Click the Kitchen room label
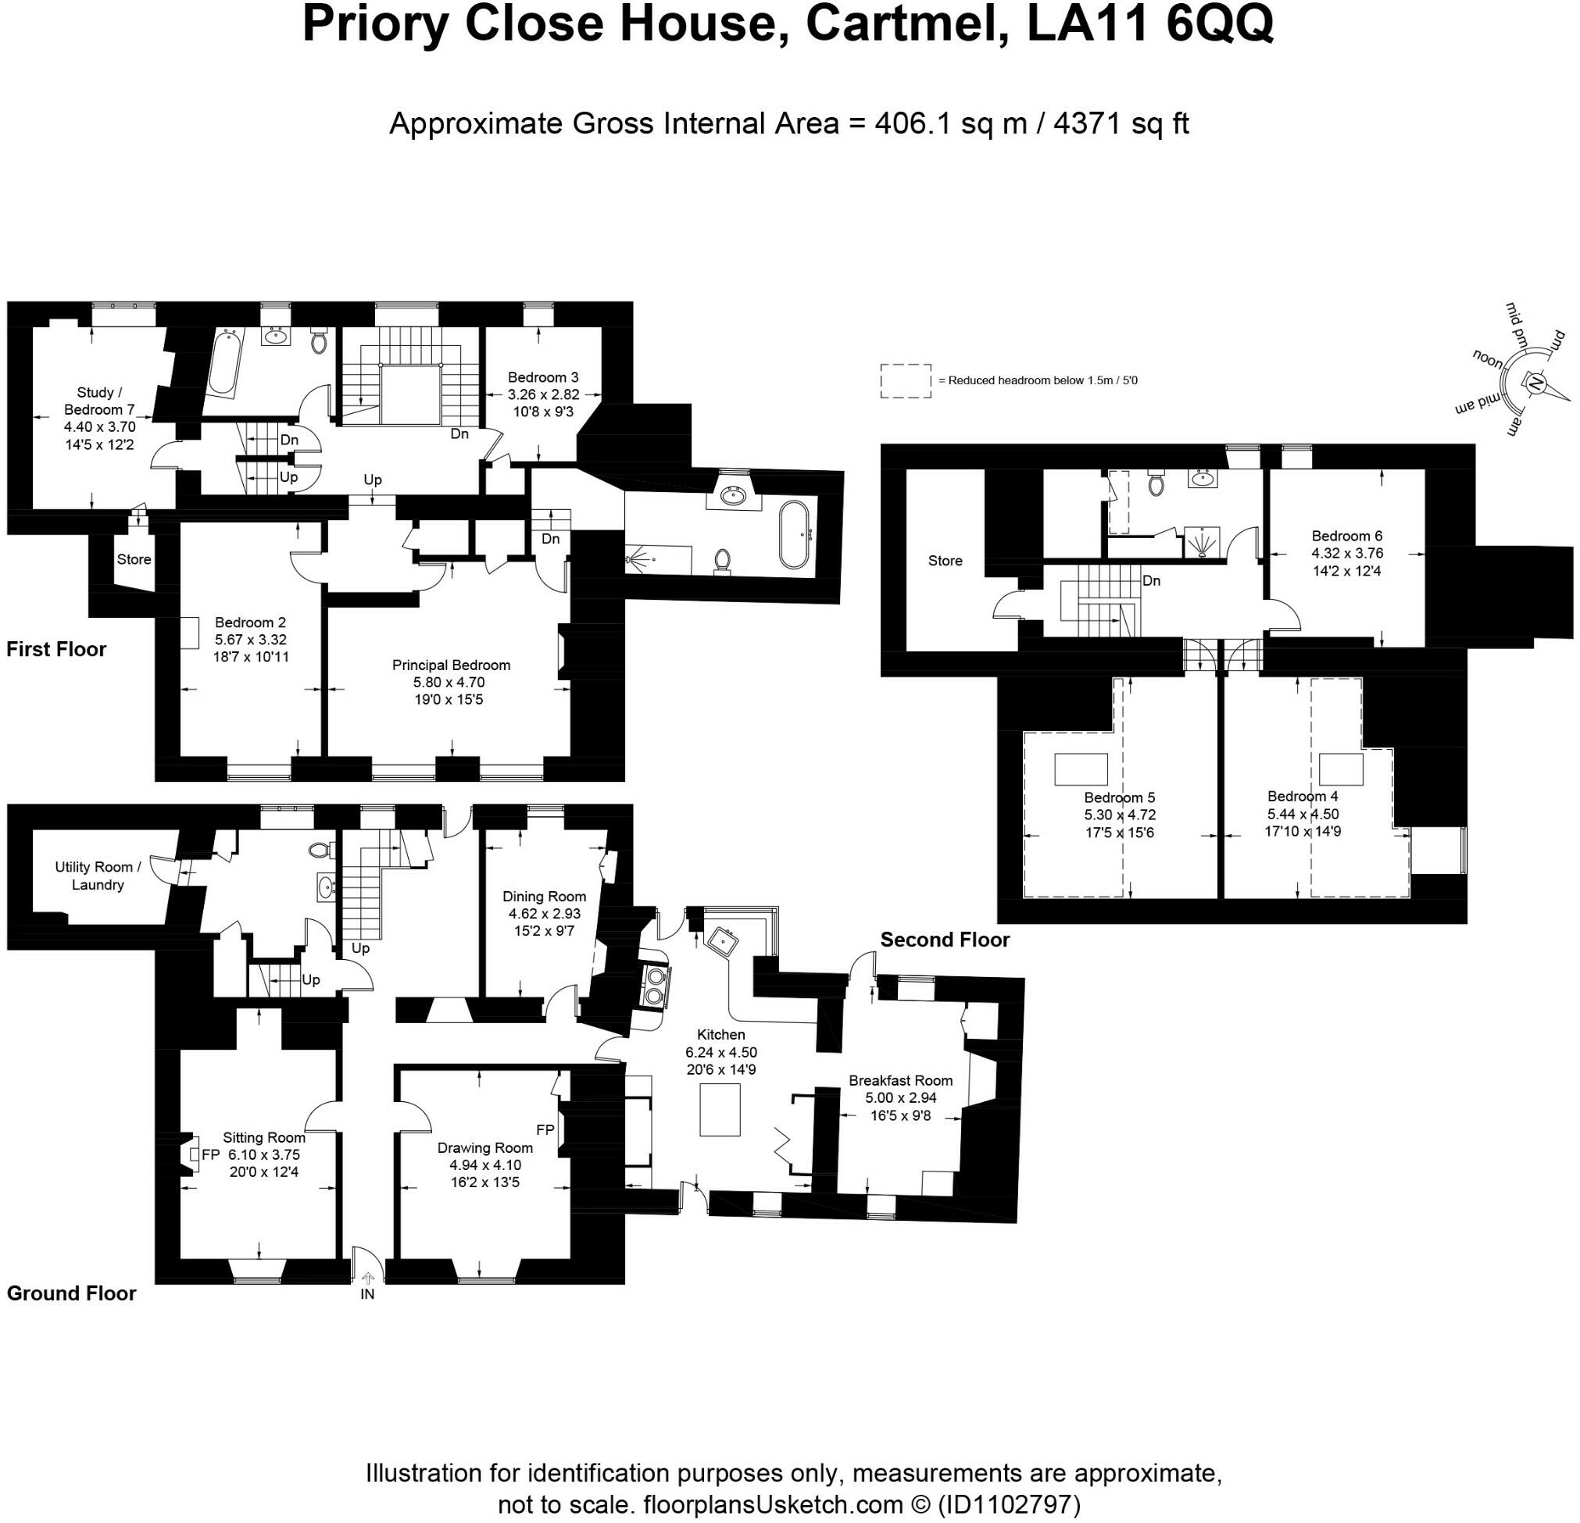pyautogui.click(x=720, y=1035)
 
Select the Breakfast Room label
pyautogui.click(x=900, y=1081)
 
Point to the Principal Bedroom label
pyautogui.click(x=451, y=665)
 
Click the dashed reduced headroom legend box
pyautogui.click(x=906, y=380)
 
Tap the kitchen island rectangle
pyautogui.click(x=720, y=1110)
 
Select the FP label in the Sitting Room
pyautogui.click(x=210, y=1154)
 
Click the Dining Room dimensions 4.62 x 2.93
pyautogui.click(x=544, y=914)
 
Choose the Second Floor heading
pyautogui.click(x=945, y=940)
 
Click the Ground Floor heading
pyautogui.click(x=72, y=1293)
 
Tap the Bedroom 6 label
pyautogui.click(x=1347, y=536)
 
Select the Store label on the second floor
pyautogui.click(x=945, y=561)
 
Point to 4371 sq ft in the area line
pyautogui.click(x=1121, y=123)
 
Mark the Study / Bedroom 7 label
pyautogui.click(x=100, y=401)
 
